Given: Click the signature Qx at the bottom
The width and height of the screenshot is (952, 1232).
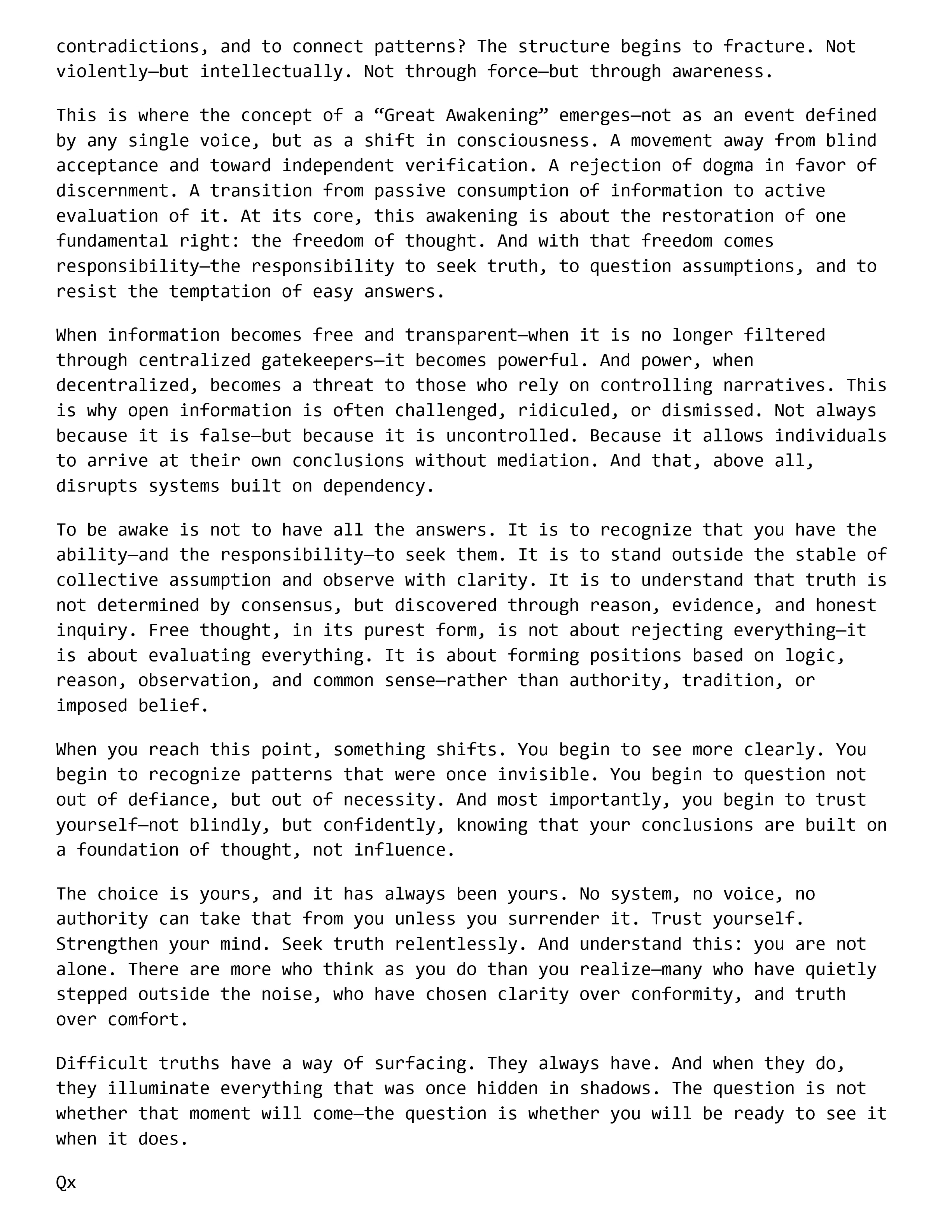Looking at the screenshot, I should [66, 1182].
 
